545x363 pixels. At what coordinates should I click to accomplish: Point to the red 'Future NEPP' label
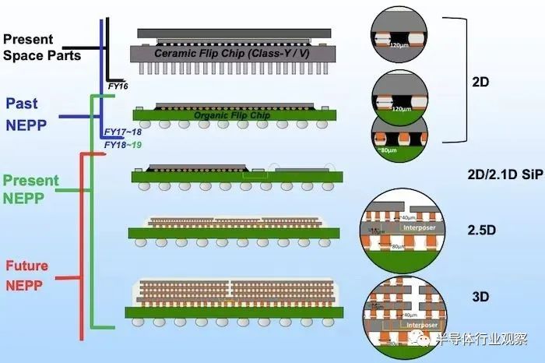[x=27, y=274]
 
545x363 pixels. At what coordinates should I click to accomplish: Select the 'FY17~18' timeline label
[x=121, y=133]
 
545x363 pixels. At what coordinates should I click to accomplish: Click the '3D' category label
[x=481, y=297]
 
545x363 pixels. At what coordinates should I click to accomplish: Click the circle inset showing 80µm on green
[x=398, y=137]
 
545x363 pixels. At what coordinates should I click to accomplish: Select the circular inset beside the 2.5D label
[x=397, y=232]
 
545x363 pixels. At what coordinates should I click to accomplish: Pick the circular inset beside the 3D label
[x=397, y=312]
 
